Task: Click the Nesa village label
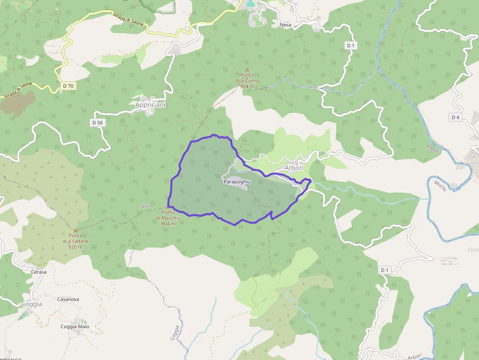pyautogui.click(x=285, y=24)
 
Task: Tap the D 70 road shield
pyautogui.click(x=68, y=86)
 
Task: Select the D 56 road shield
pyautogui.click(x=97, y=123)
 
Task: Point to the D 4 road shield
pyautogui.click(x=456, y=117)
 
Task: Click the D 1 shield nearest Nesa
pyautogui.click(x=350, y=45)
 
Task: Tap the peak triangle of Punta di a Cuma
pyautogui.click(x=247, y=70)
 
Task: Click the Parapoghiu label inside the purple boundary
pyautogui.click(x=237, y=181)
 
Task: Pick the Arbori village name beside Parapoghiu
pyautogui.click(x=294, y=168)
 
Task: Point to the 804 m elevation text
pyautogui.click(x=168, y=224)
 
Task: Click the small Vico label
pyautogui.click(x=146, y=206)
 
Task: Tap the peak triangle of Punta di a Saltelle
pyautogui.click(x=75, y=230)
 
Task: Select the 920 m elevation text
pyautogui.click(x=75, y=247)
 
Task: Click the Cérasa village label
pyautogui.click(x=39, y=272)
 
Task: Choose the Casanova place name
pyautogui.click(x=68, y=299)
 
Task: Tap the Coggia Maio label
pyautogui.click(x=75, y=326)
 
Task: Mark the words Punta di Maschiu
pyautogui.click(x=168, y=215)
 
